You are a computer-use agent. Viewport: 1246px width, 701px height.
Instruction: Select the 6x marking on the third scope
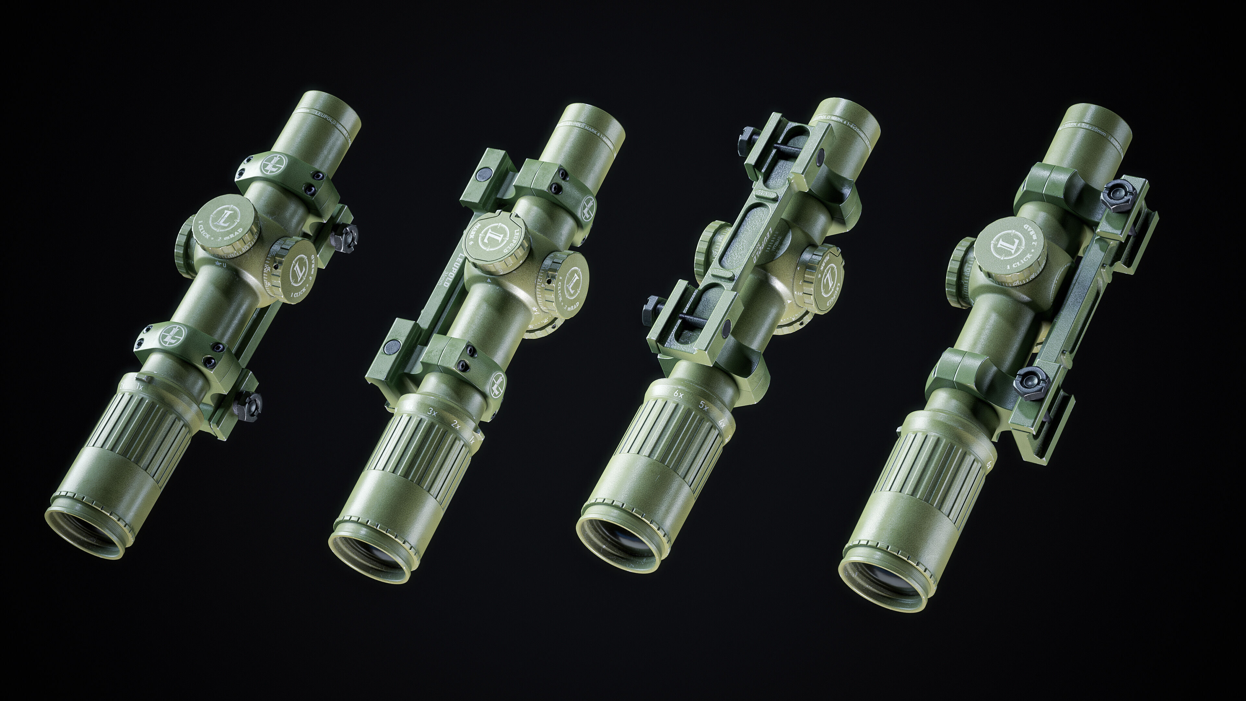tap(678, 394)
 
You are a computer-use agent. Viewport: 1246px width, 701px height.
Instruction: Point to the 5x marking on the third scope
tap(704, 405)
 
